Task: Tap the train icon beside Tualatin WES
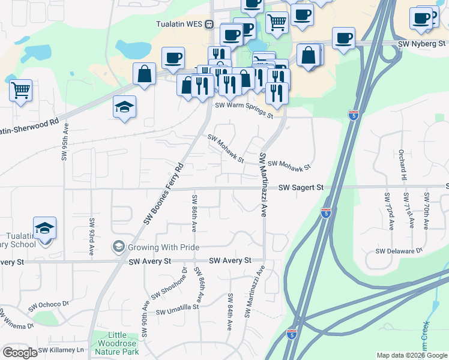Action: pyautogui.click(x=209, y=25)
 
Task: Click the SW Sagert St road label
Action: pyautogui.click(x=301, y=188)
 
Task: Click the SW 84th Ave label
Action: pyautogui.click(x=230, y=311)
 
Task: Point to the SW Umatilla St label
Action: pyautogui.click(x=177, y=309)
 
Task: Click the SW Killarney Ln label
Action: pyautogui.click(x=63, y=350)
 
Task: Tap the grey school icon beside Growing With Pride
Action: pyautogui.click(x=118, y=247)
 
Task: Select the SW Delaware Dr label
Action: pyautogui.click(x=399, y=251)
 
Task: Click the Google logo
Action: pyautogui.click(x=20, y=353)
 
